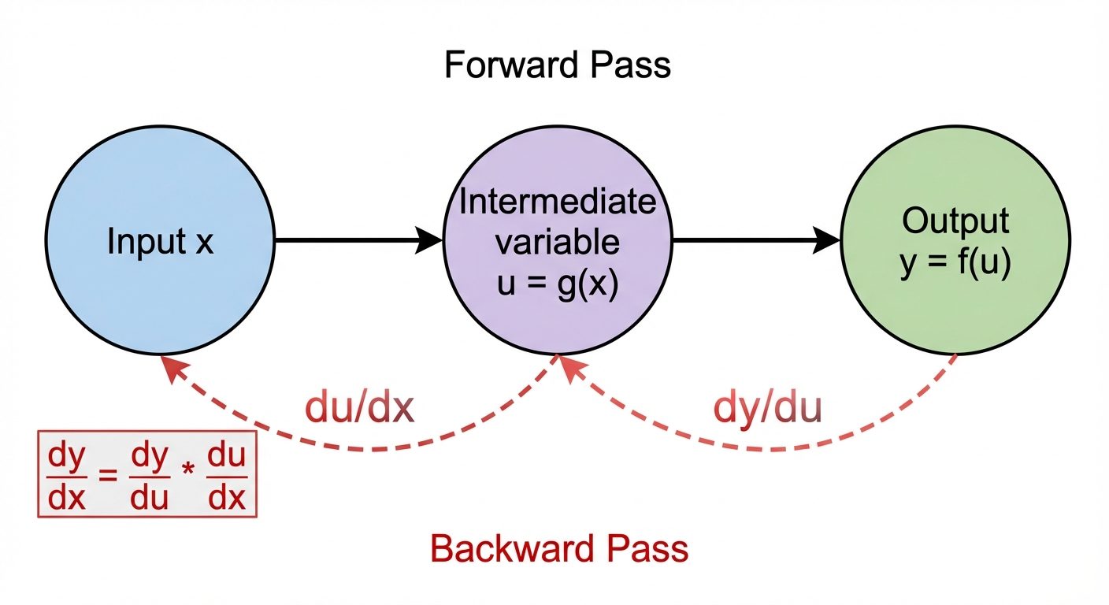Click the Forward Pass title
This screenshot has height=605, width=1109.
(557, 65)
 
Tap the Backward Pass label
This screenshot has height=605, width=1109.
(559, 548)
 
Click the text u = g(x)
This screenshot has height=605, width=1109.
(558, 282)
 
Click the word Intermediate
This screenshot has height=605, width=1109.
(558, 202)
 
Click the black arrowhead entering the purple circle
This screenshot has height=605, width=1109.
(429, 240)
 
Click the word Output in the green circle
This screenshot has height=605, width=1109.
(955, 222)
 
